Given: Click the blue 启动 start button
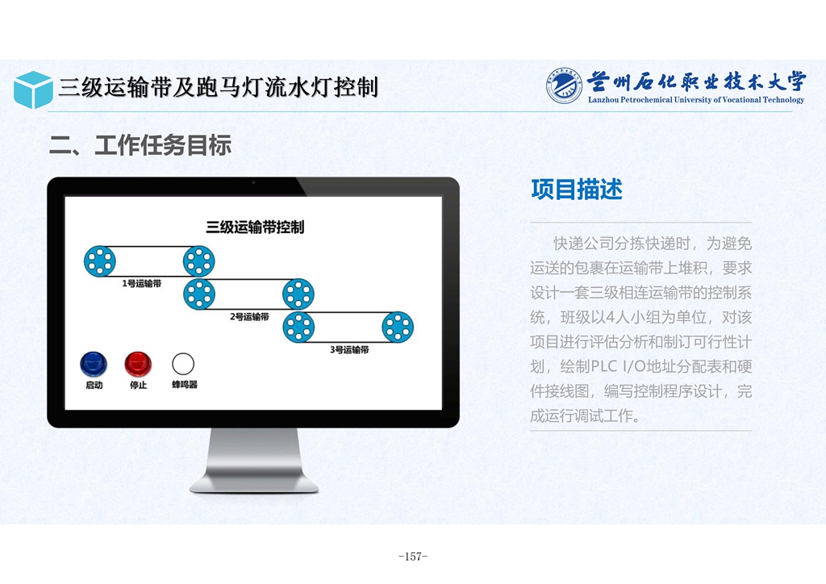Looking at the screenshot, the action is [x=94, y=365].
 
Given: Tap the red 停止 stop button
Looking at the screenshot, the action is [x=138, y=365].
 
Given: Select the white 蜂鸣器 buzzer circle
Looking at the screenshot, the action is [x=183, y=364].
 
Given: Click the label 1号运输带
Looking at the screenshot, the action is [x=142, y=283].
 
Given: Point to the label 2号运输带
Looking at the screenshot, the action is [x=250, y=316].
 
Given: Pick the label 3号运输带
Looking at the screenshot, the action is [x=349, y=349].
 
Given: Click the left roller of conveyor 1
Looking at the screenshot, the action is [x=99, y=261].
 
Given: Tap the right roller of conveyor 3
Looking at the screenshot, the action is [x=398, y=327].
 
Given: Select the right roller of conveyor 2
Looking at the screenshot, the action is [x=298, y=294].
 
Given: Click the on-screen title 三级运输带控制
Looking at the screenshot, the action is [x=255, y=227].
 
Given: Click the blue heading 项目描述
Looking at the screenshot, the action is [x=577, y=189].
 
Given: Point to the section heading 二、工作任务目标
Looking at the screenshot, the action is [x=140, y=145].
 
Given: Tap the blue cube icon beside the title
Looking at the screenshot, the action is [x=33, y=90].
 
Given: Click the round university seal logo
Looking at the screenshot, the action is [x=564, y=86].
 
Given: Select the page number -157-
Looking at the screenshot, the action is [x=413, y=556].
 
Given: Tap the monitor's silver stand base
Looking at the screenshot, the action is [x=254, y=485].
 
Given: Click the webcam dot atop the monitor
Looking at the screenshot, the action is [x=253, y=183].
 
